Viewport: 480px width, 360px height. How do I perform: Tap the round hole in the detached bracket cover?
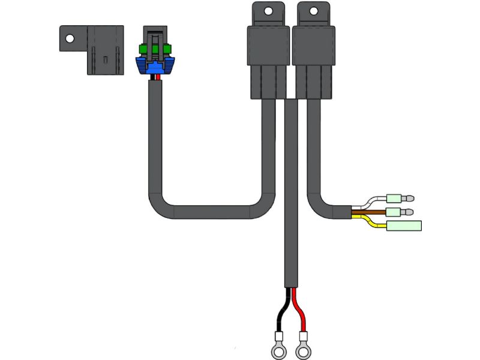point(70,38)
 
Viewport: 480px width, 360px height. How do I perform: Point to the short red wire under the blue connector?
point(158,77)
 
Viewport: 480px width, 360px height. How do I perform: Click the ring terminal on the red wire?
point(304,346)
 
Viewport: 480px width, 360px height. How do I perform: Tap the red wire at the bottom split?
point(302,315)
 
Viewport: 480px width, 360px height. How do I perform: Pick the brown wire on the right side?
point(369,212)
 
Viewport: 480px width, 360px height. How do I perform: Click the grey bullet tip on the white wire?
point(410,197)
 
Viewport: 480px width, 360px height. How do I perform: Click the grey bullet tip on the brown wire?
point(410,212)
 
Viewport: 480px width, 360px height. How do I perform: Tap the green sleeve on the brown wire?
point(394,212)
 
